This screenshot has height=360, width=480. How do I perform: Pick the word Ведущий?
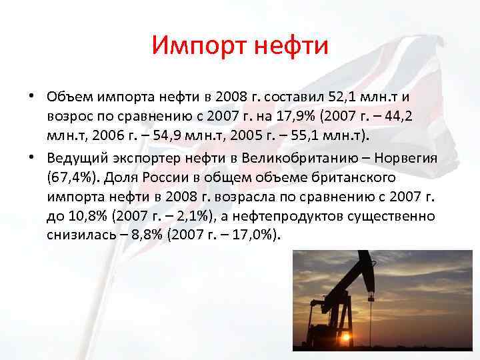tap(74, 159)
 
